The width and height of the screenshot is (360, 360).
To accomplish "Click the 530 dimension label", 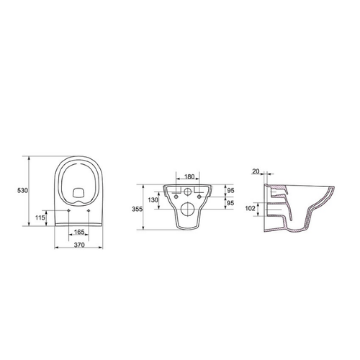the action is (22, 190).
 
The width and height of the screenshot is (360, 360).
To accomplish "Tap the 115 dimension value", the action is (40, 217).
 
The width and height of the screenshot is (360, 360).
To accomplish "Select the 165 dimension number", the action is (79, 232).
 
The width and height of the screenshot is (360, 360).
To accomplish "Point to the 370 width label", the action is (79, 245).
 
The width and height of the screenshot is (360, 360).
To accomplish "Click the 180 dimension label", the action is (189, 176).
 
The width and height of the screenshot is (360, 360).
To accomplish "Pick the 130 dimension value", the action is (153, 200).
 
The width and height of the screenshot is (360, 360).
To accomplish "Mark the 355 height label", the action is (137, 209).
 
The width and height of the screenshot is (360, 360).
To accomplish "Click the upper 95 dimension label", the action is (230, 190).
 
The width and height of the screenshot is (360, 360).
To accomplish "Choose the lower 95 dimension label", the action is (230, 203).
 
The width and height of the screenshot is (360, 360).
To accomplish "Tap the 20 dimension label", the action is (256, 171).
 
